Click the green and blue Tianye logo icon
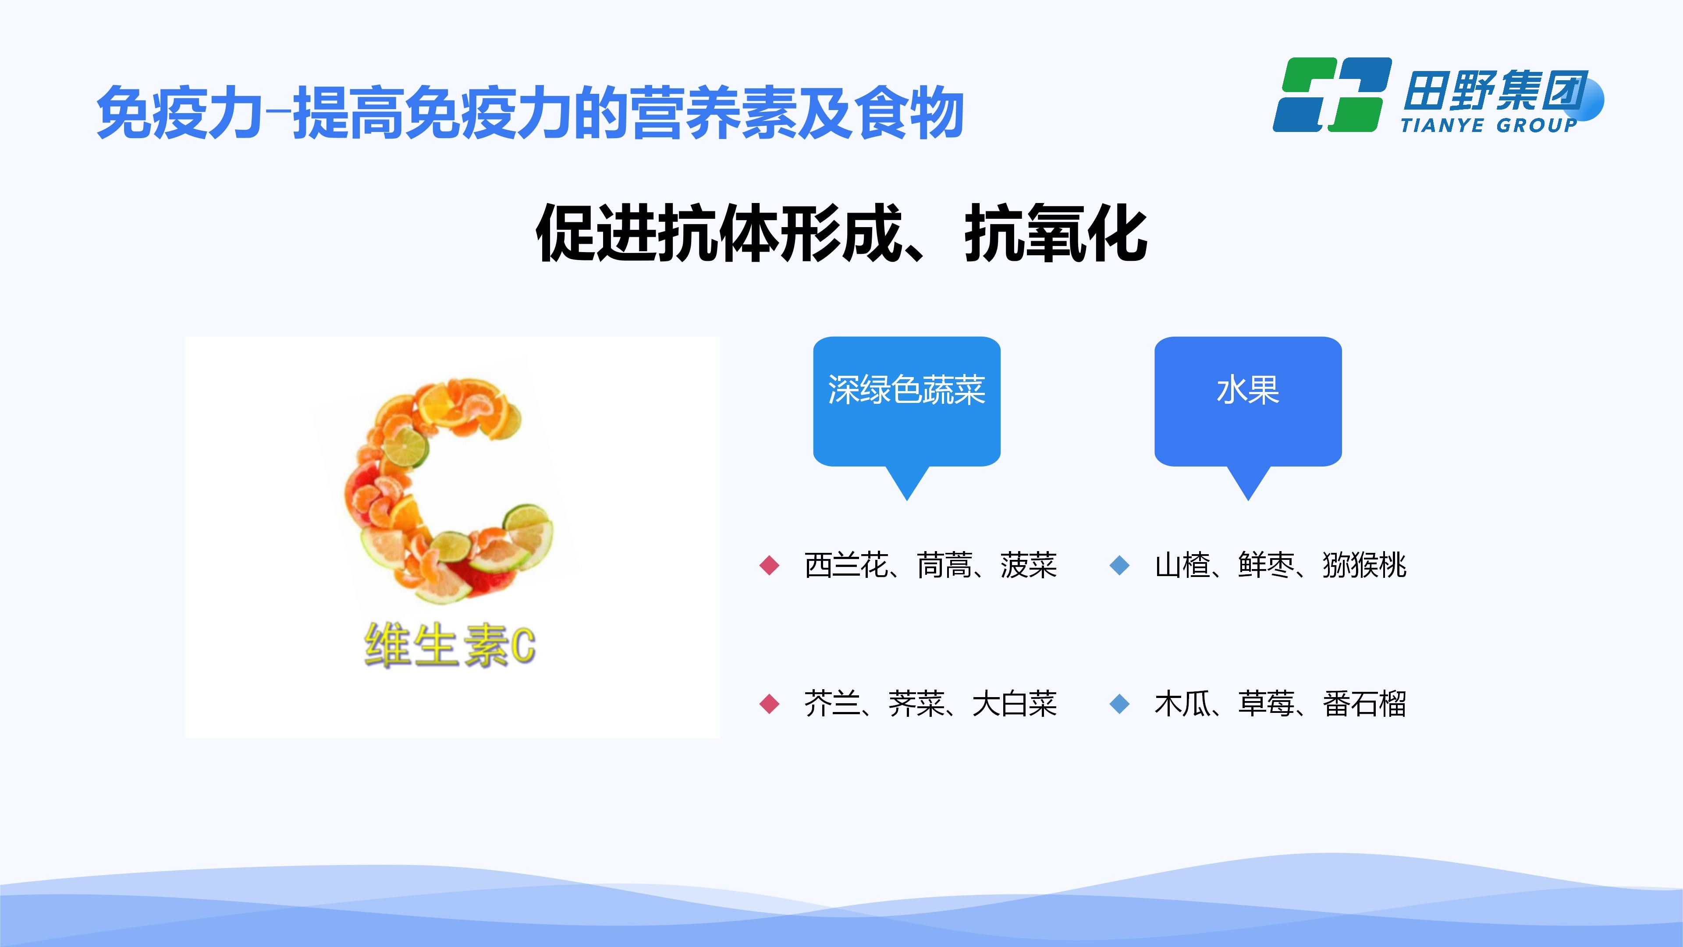click(x=1331, y=95)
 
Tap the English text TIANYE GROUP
click(x=1489, y=125)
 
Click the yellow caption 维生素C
click(x=450, y=646)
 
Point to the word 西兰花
click(x=845, y=565)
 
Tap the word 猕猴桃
click(x=1364, y=565)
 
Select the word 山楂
click(x=1182, y=565)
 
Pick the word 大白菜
click(x=1015, y=704)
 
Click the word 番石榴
click(x=1364, y=704)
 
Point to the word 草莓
click(x=1266, y=704)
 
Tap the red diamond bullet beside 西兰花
click(x=770, y=565)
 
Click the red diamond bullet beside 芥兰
click(x=770, y=704)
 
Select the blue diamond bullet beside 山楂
click(x=1120, y=565)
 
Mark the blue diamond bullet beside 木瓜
click(x=1120, y=704)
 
